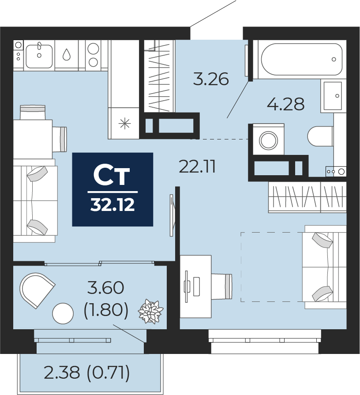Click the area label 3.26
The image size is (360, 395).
tap(211, 79)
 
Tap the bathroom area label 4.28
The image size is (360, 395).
tap(286, 104)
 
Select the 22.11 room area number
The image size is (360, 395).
tap(197, 167)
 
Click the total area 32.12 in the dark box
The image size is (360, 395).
tap(112, 205)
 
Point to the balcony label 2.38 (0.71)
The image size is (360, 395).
tap(87, 373)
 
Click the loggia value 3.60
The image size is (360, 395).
tap(106, 288)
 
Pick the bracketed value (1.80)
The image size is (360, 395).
tap(106, 310)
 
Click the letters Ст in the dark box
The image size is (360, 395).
tap(111, 175)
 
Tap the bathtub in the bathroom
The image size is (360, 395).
tap(302, 60)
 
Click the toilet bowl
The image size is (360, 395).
tap(320, 136)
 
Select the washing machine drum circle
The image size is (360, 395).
tap(269, 140)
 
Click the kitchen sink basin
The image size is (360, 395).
tap(39, 56)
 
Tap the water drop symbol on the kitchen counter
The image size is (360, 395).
tap(67, 54)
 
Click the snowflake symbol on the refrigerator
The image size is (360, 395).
tap(125, 124)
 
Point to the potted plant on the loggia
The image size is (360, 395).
tap(150, 311)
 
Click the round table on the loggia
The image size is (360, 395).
tap(63, 313)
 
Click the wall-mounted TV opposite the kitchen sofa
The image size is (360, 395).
tap(172, 215)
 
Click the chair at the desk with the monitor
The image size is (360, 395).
tap(221, 286)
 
